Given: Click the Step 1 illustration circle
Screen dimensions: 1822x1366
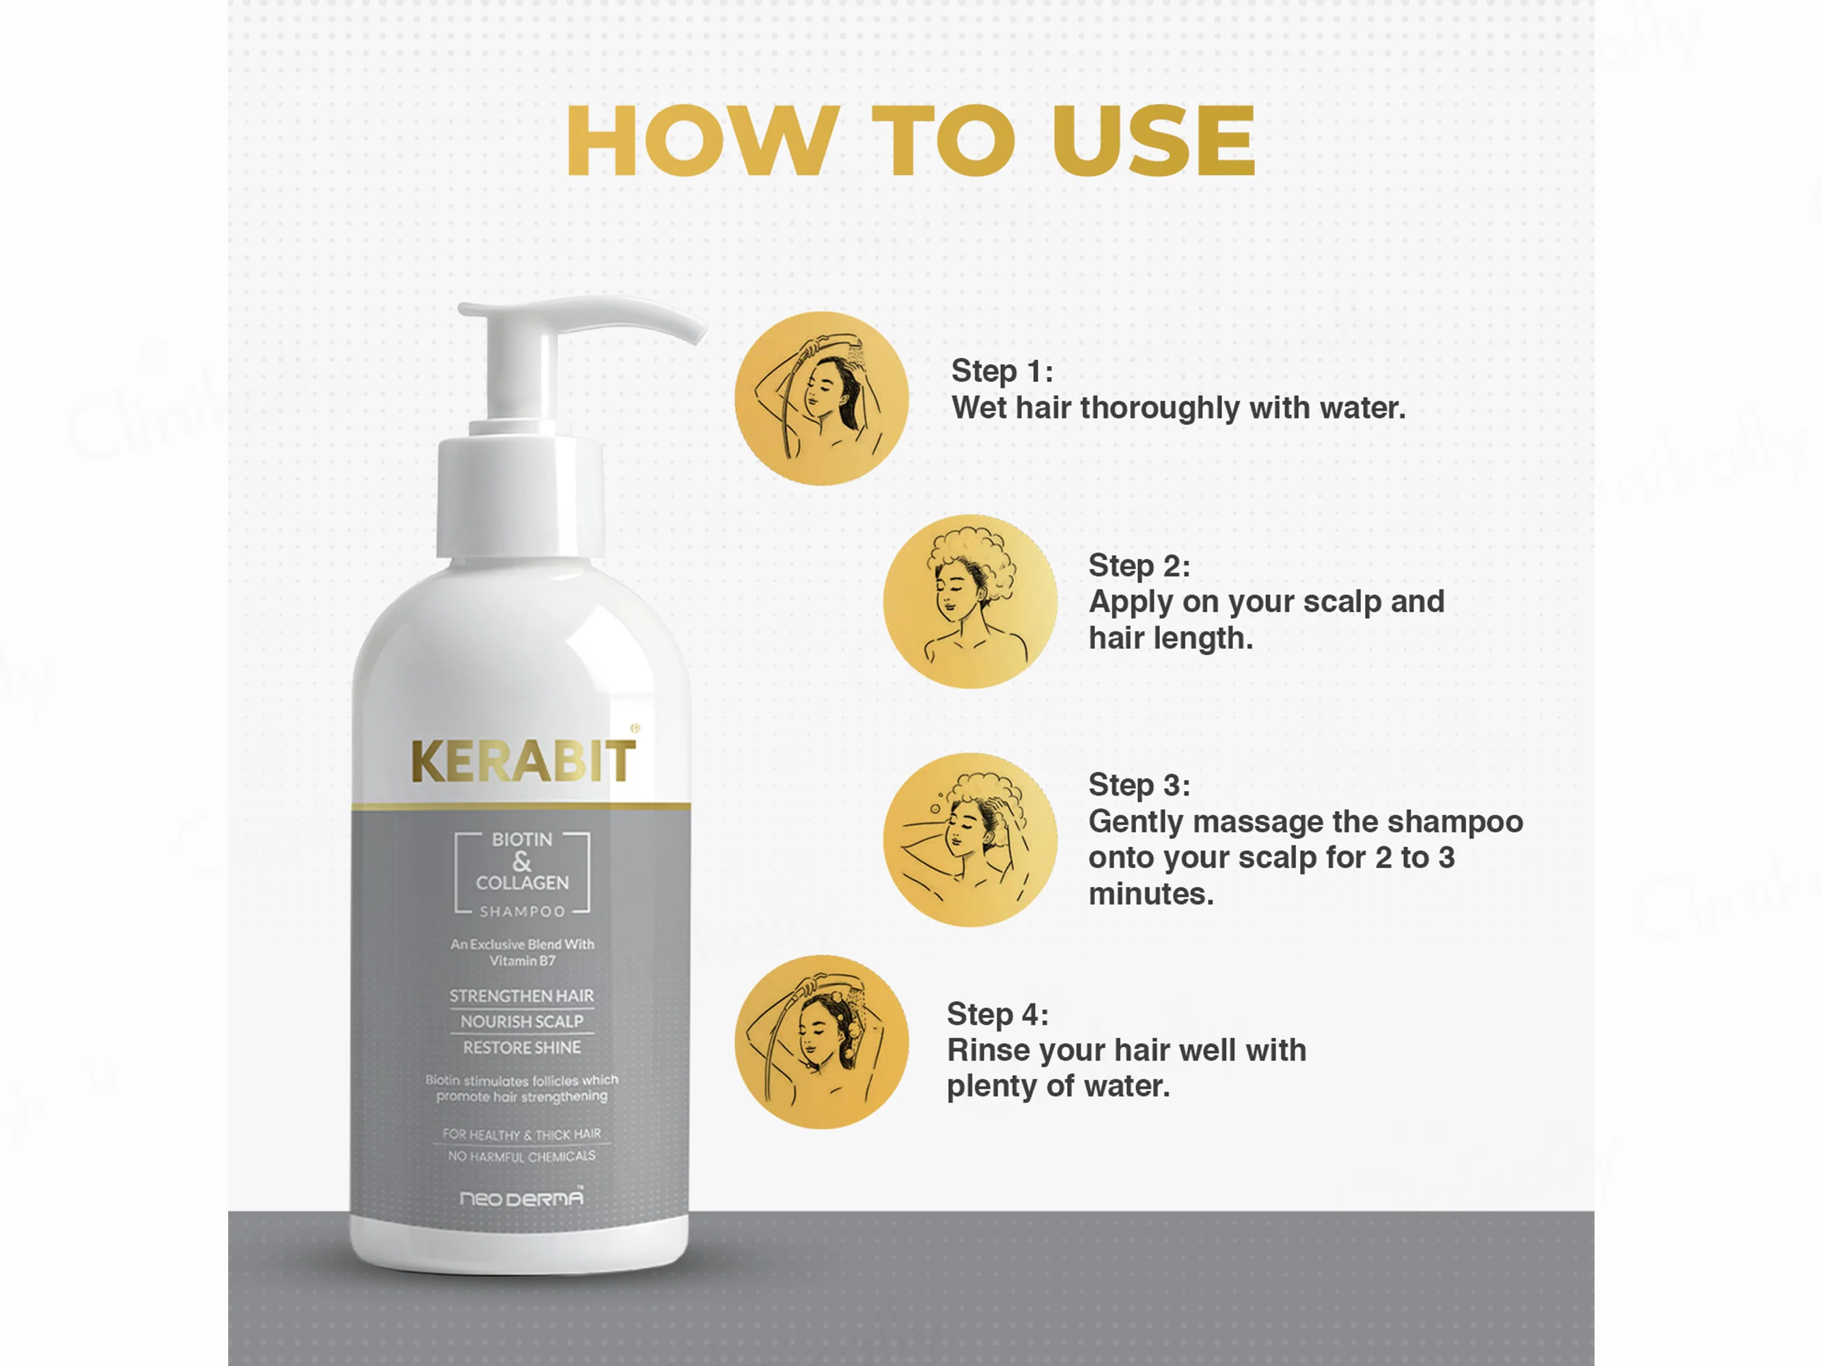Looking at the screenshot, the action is [821, 398].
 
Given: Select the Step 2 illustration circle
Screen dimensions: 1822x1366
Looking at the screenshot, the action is [970, 601].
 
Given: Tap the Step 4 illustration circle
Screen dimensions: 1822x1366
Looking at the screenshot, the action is [821, 1042].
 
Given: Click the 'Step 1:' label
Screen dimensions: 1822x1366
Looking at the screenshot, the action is [1002, 372].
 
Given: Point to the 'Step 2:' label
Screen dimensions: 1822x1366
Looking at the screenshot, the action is [1139, 566].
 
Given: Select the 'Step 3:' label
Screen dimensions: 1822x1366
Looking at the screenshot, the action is [1139, 785].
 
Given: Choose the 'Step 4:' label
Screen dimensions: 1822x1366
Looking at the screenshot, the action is [997, 1014].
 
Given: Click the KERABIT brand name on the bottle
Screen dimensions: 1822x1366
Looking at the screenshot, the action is [523, 761].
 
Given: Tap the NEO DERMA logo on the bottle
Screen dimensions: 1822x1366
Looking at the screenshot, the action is [521, 1198].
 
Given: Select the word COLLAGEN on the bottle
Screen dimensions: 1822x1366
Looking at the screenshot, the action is [522, 882].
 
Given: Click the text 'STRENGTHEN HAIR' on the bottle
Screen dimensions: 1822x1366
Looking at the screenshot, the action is [521, 996].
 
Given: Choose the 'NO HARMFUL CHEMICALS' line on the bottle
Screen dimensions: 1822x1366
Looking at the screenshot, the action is [521, 1157].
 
